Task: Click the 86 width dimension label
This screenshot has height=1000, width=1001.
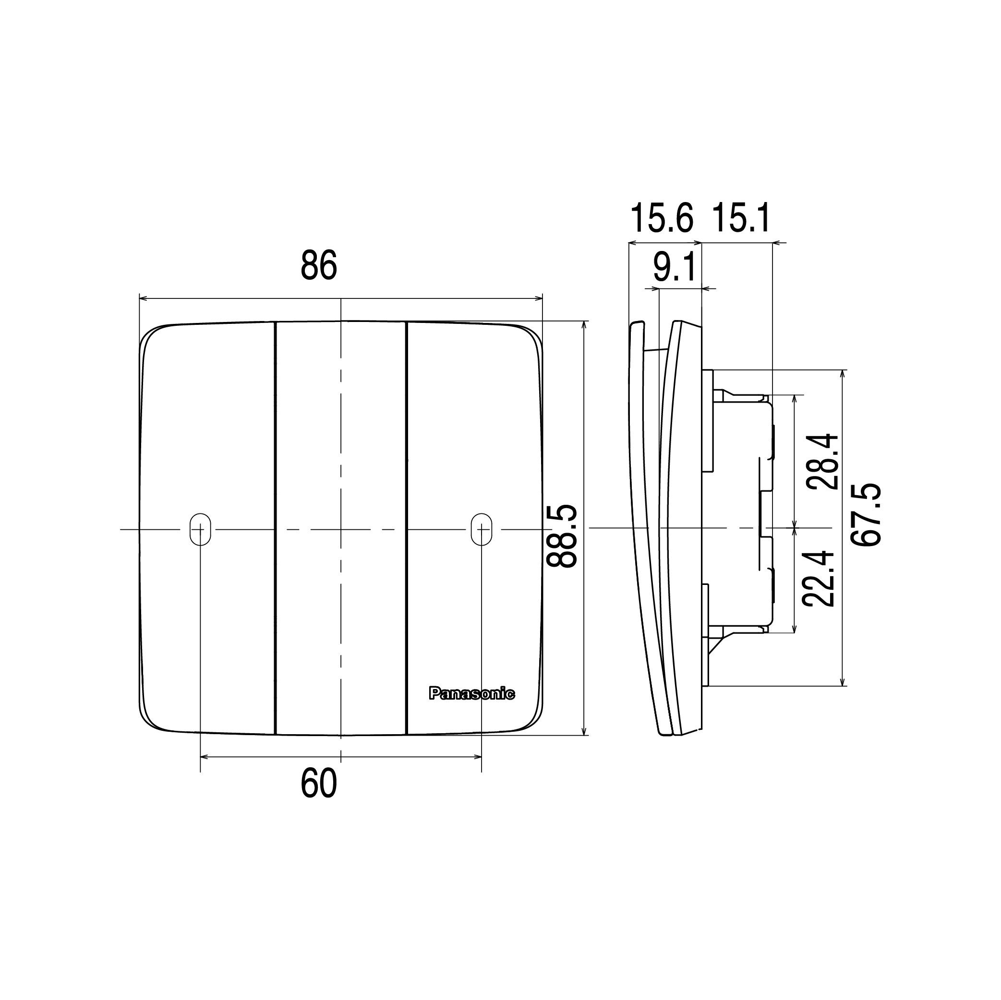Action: tap(319, 265)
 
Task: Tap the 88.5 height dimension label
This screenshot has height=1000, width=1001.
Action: tap(562, 536)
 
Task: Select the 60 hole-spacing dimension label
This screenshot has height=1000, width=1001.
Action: tap(319, 784)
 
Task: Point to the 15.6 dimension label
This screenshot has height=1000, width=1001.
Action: tap(662, 218)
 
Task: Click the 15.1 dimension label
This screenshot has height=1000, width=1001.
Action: tap(741, 218)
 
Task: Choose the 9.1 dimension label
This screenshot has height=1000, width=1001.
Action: tap(674, 267)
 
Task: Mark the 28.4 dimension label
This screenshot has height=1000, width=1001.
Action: tap(823, 462)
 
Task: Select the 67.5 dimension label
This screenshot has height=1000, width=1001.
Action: tap(866, 514)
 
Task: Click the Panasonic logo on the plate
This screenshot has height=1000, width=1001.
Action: tap(471, 693)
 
